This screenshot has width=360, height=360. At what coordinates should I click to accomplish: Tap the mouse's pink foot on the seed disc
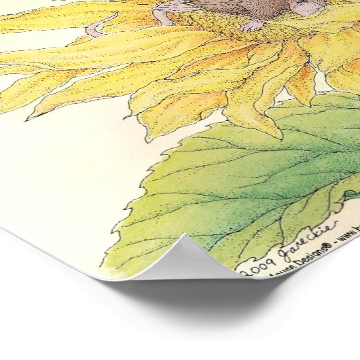click(x=253, y=26)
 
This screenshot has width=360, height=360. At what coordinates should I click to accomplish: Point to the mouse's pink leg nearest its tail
click(x=164, y=17)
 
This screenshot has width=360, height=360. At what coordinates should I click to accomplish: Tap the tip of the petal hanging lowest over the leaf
click(x=274, y=136)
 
